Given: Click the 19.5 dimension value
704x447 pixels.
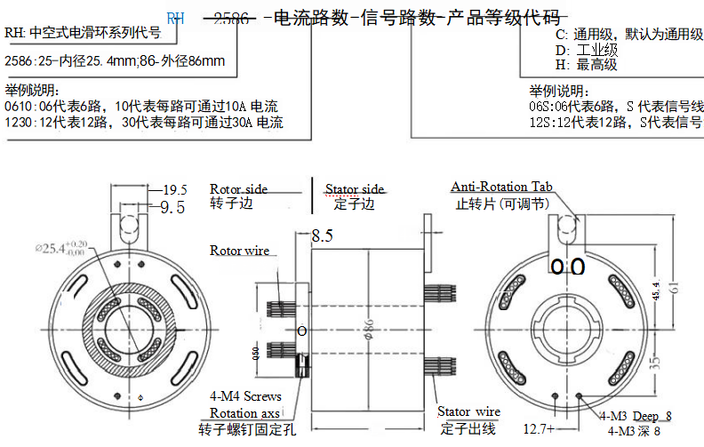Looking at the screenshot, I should coord(175,190).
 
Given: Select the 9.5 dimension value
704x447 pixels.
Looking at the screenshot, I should coord(172,207).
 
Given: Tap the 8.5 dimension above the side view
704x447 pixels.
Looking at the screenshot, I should coord(322,237).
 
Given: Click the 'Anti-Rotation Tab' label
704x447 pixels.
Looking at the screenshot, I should coord(501,187).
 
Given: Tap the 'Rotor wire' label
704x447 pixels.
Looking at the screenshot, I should coord(239,251).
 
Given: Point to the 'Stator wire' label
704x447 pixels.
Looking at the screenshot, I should coord(468,412).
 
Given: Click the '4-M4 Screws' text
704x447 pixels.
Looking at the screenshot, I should coord(245,396).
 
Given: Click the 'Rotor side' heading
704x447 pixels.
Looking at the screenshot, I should coord(238,189).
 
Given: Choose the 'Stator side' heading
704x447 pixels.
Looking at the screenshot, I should coord(355,189).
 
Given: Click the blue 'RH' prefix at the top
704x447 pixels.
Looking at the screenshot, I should coord(175,17).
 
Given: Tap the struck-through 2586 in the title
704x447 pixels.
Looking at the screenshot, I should coord(232,17).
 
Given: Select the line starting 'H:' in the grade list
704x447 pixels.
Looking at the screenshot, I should coord(586,65).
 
